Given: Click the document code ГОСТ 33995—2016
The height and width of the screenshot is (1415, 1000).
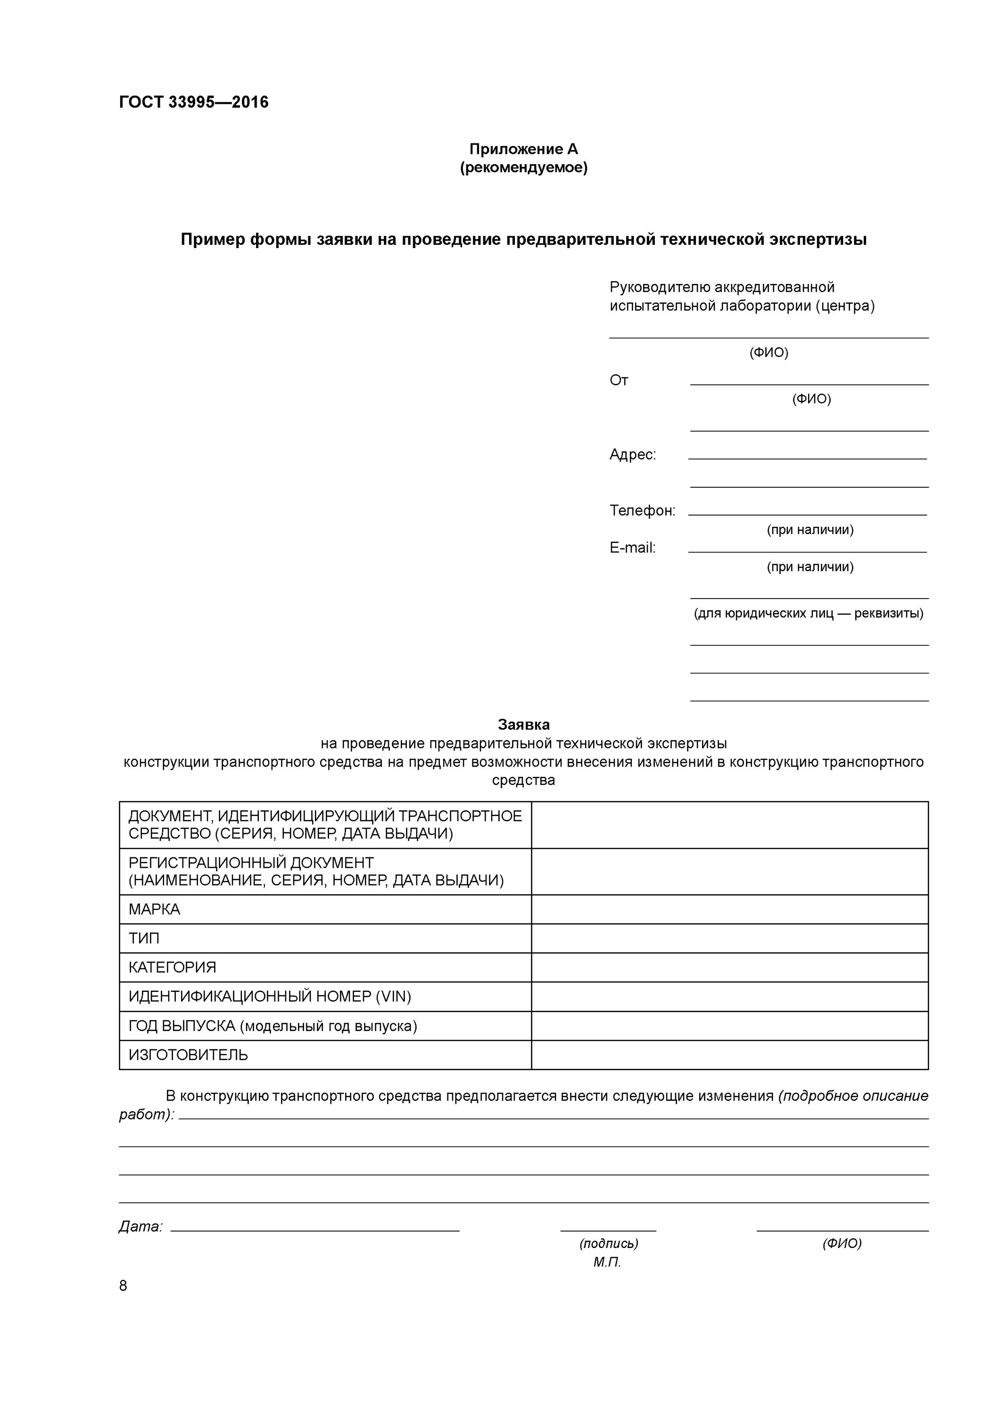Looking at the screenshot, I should pyautogui.click(x=193, y=102).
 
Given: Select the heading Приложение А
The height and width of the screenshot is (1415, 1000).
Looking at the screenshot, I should pyautogui.click(x=523, y=149).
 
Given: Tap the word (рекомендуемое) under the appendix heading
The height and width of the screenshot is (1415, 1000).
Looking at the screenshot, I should pyautogui.click(x=523, y=167).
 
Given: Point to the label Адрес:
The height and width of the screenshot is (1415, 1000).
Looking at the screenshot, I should pyautogui.click(x=632, y=455).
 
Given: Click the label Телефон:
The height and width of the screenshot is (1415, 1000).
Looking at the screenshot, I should pyautogui.click(x=642, y=510).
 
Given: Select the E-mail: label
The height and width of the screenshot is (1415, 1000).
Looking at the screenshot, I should pyautogui.click(x=632, y=547).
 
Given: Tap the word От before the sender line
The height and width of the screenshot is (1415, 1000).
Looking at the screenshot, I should pyautogui.click(x=619, y=380).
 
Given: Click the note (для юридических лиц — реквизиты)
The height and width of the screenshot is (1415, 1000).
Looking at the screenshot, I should pyautogui.click(x=809, y=613).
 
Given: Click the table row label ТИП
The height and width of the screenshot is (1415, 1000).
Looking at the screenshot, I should pyautogui.click(x=143, y=939).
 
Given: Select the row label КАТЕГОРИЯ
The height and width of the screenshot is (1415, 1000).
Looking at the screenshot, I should pyautogui.click(x=172, y=967).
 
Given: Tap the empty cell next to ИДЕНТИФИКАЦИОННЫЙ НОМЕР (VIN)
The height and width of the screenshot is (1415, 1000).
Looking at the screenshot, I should pyautogui.click(x=729, y=997).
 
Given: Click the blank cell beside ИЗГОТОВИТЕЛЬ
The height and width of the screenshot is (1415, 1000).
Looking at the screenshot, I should pyautogui.click(x=729, y=1055).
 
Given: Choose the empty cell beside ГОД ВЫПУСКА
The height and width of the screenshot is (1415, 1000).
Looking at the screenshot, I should pyautogui.click(x=729, y=1026).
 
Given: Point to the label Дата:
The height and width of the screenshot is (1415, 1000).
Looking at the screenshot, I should pyautogui.click(x=140, y=1227).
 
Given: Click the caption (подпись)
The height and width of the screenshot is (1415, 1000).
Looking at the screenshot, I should pyautogui.click(x=608, y=1244).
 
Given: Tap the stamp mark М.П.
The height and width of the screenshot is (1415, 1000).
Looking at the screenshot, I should pyautogui.click(x=607, y=1262).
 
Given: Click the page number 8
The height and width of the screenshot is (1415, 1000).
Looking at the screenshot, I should pyautogui.click(x=123, y=1286).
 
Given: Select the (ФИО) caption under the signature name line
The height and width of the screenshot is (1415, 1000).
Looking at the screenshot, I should pyautogui.click(x=842, y=1244).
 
